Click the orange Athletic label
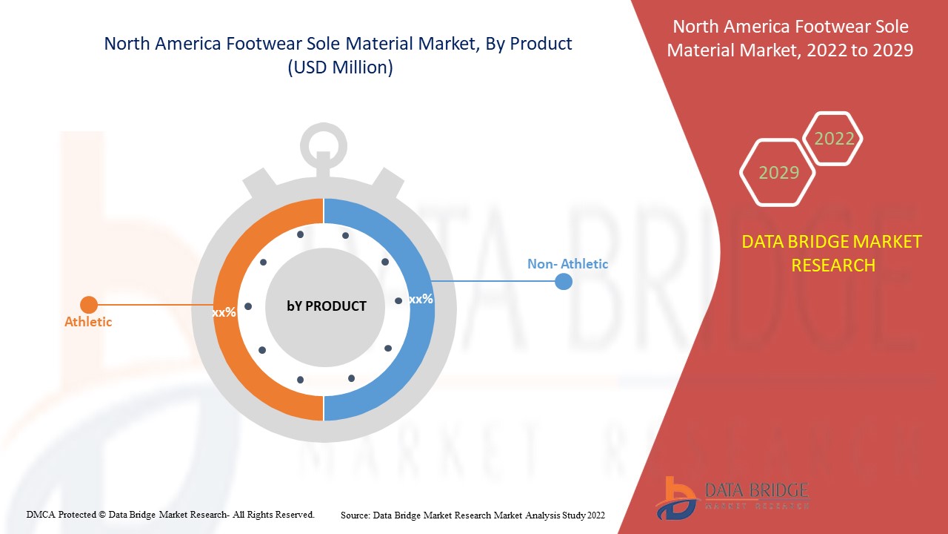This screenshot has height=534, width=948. [x=88, y=322]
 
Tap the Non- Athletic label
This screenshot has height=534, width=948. [x=567, y=264]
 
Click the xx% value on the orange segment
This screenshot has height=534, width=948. [x=224, y=313]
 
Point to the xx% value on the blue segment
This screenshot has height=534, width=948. [x=421, y=299]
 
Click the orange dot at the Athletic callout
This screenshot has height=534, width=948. [x=89, y=305]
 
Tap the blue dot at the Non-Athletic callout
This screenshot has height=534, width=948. [x=564, y=281]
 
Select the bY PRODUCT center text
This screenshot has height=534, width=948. [x=327, y=306]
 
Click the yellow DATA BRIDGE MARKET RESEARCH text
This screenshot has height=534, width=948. [x=832, y=254]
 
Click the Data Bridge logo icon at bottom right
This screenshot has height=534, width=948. [x=676, y=498]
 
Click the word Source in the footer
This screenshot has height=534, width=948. [x=355, y=515]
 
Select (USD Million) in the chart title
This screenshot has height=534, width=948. [x=340, y=67]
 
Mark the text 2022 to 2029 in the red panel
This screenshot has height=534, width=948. [x=860, y=50]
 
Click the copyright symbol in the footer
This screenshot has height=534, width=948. [x=102, y=515]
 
